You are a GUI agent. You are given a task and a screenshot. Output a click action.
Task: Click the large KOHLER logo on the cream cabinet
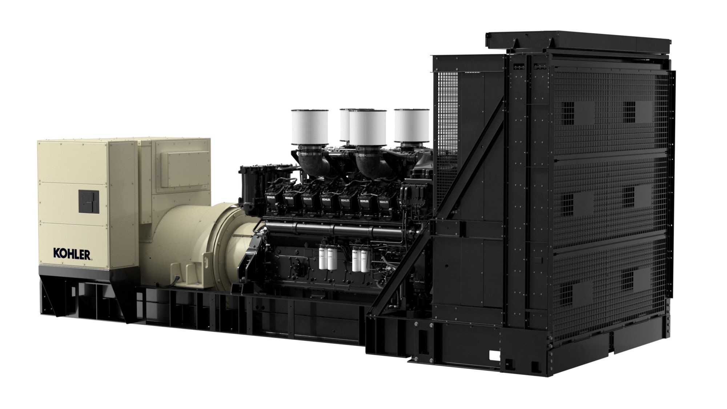coord(72,253)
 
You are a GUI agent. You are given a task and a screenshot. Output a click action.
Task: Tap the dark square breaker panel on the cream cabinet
coord(88,201)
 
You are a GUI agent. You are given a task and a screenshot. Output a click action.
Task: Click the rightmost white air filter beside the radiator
coord(411,125)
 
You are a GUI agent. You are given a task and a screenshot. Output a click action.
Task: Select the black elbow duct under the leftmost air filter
coord(313,160)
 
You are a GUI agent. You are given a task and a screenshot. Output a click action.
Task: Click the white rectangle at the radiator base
coord(495,355)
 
